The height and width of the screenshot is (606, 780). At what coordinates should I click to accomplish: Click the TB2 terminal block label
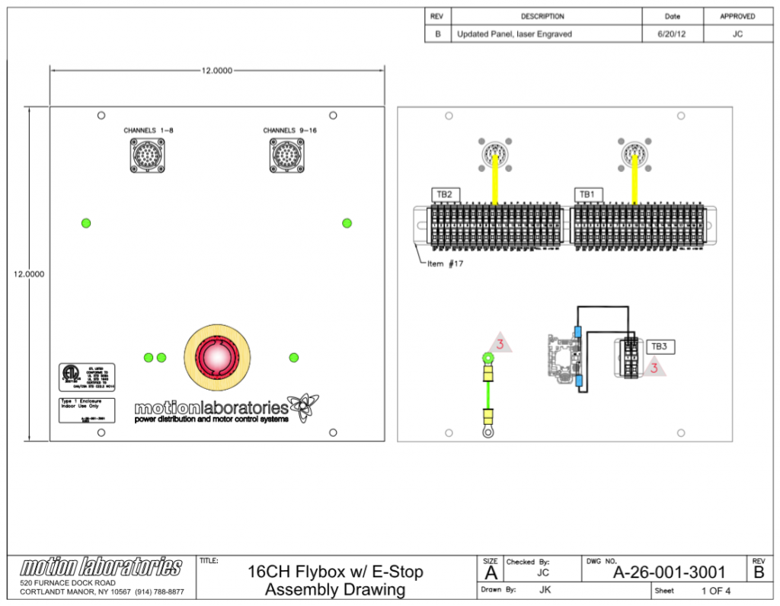pyautogui.click(x=444, y=195)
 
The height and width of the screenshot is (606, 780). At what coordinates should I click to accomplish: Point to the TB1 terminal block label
pyautogui.click(x=586, y=195)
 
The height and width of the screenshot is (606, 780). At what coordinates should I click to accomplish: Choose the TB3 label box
pyautogui.click(x=659, y=347)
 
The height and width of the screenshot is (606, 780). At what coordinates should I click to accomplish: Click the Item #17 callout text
pyautogui.click(x=446, y=263)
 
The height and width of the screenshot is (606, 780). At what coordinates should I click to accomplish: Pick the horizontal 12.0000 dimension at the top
pyautogui.click(x=216, y=70)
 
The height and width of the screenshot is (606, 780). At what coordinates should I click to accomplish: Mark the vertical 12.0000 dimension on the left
pyautogui.click(x=28, y=274)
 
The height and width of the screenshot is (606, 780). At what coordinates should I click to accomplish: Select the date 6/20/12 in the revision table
pyautogui.click(x=673, y=34)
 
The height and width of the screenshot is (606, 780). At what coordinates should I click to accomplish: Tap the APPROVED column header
pyautogui.click(x=737, y=16)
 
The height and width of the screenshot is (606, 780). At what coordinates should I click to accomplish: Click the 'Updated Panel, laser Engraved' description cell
pyautogui.click(x=514, y=34)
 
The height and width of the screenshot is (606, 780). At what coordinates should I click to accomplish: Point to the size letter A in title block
pyautogui.click(x=491, y=573)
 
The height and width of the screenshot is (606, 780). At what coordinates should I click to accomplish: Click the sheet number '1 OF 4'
pyautogui.click(x=715, y=592)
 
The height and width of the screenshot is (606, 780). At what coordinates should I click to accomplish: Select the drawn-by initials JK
pyautogui.click(x=545, y=590)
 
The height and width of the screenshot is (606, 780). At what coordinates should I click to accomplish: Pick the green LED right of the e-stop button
pyautogui.click(x=294, y=357)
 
